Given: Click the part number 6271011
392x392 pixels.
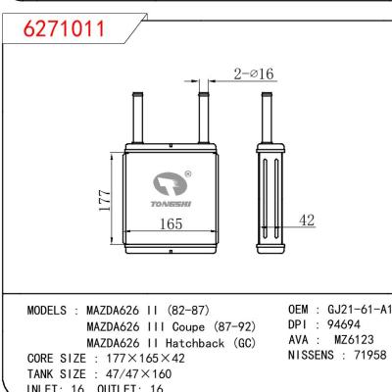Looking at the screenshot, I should (66, 30).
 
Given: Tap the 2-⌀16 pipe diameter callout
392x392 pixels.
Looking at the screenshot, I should (254, 73).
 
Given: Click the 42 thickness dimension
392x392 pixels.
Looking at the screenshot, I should (308, 221).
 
